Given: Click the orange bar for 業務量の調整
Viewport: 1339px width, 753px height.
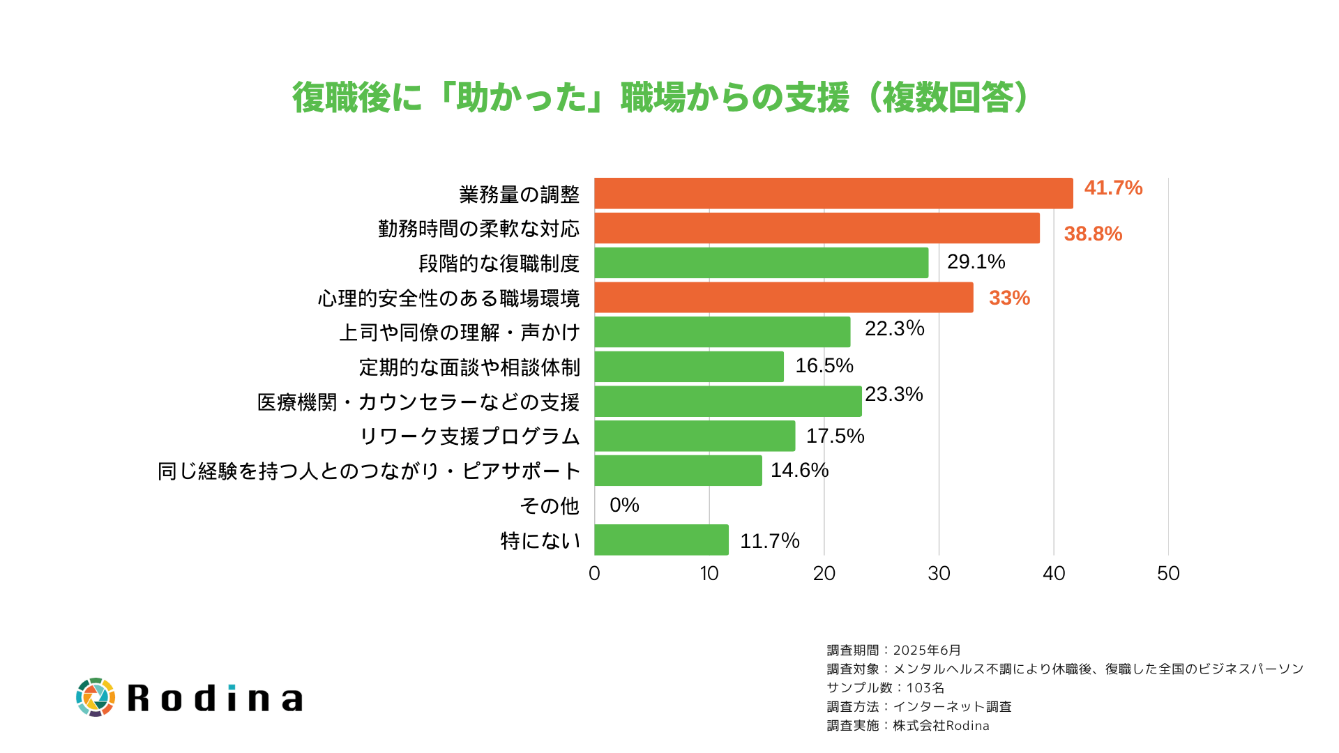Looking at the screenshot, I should [833, 193].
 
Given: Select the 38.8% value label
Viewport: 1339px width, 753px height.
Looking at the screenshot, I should [1093, 234].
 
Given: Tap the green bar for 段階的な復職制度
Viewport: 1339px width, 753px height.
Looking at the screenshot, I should [761, 263].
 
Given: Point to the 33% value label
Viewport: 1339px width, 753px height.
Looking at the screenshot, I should [1009, 298].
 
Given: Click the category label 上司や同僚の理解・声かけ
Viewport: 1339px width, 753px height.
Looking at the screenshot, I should [459, 333].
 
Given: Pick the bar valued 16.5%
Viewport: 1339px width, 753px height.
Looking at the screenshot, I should [689, 367].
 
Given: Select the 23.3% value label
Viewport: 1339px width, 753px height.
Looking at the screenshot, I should [893, 395].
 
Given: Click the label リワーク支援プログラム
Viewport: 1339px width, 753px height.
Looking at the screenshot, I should [469, 436].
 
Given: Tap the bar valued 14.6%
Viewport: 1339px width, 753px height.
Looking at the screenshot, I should [678, 471].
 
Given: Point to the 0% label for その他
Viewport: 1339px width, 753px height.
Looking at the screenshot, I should [624, 505].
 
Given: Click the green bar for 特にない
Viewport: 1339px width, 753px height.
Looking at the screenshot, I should [661, 540].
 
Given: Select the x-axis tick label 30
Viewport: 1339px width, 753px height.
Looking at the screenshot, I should [939, 573].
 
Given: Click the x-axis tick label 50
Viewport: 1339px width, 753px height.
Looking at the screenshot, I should [1168, 573].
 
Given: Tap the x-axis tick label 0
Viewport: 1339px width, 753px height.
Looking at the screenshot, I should [594, 573].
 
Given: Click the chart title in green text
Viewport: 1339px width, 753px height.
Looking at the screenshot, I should [660, 98].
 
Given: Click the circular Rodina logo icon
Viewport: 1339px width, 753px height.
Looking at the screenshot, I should [96, 697].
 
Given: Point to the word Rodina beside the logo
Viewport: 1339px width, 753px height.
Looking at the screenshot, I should [215, 698].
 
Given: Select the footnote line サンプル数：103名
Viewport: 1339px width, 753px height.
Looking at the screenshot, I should [885, 687].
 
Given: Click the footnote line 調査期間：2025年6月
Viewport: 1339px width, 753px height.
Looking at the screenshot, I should [893, 650].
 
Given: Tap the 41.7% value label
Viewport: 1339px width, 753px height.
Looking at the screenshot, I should [1113, 188].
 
